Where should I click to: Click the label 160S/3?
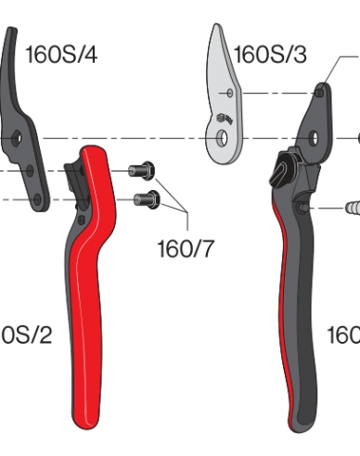270,55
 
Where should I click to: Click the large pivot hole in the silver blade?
221,139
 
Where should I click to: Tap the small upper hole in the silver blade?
228,94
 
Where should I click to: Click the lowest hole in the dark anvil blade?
37,196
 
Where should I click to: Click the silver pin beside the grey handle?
350,208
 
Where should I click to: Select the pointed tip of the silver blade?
214,28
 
